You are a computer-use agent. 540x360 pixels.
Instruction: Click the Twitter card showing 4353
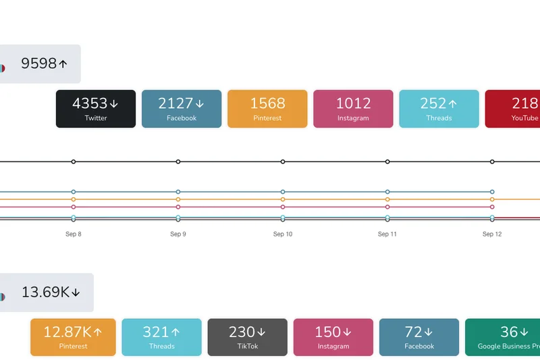click(96, 109)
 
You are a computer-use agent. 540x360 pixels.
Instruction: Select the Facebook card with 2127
click(182, 109)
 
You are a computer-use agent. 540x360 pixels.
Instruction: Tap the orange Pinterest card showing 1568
click(267, 109)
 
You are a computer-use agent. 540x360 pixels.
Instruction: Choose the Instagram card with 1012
click(353, 109)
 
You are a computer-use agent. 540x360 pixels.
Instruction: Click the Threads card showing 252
click(439, 109)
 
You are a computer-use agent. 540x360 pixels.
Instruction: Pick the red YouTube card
click(513, 109)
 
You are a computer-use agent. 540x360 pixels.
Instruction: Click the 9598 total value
click(43, 64)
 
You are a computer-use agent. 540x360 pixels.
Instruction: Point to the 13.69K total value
click(50, 292)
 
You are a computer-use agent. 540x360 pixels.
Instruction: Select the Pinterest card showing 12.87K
click(73, 337)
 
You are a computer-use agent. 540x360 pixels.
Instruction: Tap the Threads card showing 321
click(161, 337)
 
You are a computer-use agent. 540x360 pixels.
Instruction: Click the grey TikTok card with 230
click(247, 337)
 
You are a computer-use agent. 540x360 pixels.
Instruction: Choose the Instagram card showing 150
click(333, 337)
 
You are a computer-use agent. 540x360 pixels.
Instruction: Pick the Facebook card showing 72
click(419, 337)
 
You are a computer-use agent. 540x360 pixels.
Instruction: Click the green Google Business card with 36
click(503, 337)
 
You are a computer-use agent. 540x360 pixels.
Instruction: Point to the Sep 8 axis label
click(74, 234)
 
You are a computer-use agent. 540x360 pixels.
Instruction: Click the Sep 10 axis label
click(283, 234)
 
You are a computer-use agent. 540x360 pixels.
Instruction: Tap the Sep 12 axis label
click(492, 234)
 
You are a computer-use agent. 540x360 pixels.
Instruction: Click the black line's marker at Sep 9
click(178, 161)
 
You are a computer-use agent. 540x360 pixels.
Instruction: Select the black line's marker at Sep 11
click(387, 161)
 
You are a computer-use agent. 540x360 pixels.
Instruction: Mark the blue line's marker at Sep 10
click(283, 192)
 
